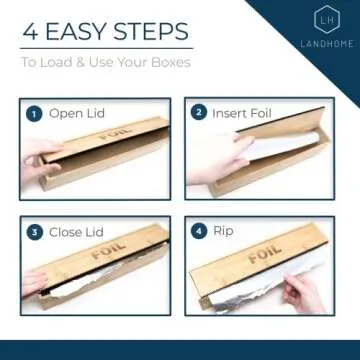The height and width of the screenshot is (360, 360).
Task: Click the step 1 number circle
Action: point(35,114)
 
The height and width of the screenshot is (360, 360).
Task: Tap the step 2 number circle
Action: point(199,113)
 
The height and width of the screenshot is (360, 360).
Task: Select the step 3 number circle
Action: point(35,232)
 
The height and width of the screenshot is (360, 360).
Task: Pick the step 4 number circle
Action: point(200,231)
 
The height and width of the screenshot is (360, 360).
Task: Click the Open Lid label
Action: point(77,114)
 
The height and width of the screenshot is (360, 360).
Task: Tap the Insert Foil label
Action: point(241,113)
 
